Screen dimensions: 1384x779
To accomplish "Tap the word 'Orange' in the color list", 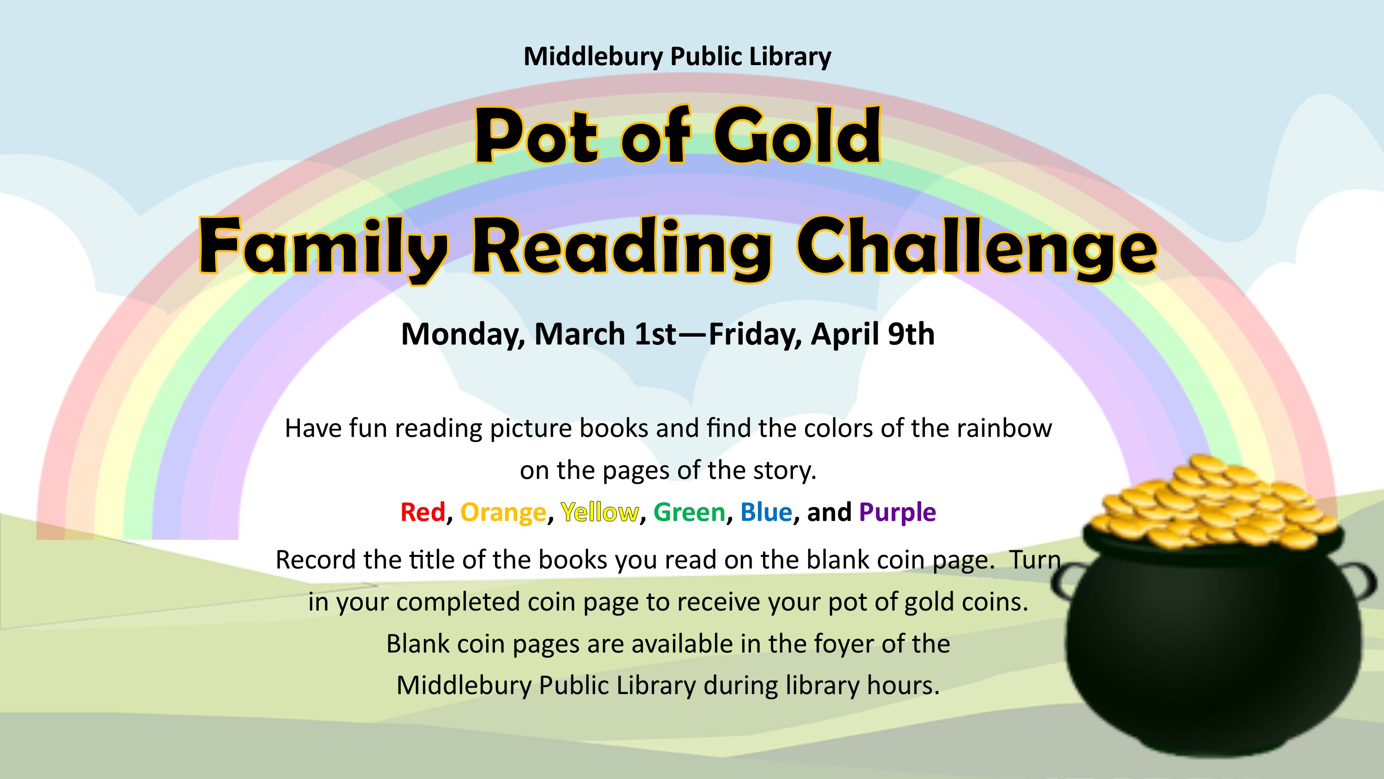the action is coord(503,513).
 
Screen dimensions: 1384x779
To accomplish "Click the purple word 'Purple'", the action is coord(898,513).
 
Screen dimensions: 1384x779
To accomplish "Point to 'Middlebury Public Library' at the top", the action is coord(677,57).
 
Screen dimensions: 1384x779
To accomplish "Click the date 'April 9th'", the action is coord(873,334).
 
